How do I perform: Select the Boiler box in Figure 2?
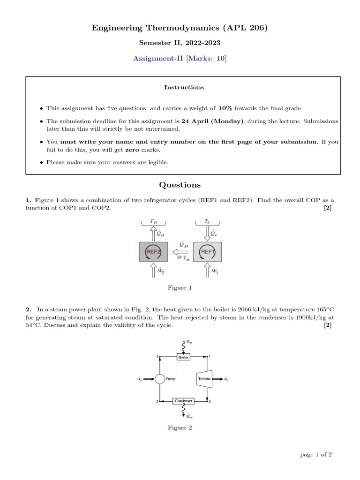pos(183,357)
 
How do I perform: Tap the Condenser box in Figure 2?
pos(183,401)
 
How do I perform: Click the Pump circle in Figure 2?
pos(160,379)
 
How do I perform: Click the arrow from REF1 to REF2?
pos(180,252)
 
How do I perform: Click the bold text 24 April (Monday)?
pos(215,121)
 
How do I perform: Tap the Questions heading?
pos(180,185)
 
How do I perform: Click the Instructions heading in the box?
pos(184,87)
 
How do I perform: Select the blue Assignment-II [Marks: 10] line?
pos(180,58)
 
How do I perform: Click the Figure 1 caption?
pos(180,288)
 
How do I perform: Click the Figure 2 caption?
pos(180,427)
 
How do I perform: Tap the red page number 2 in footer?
pos(330,454)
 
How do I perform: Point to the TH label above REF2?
pos(153,221)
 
